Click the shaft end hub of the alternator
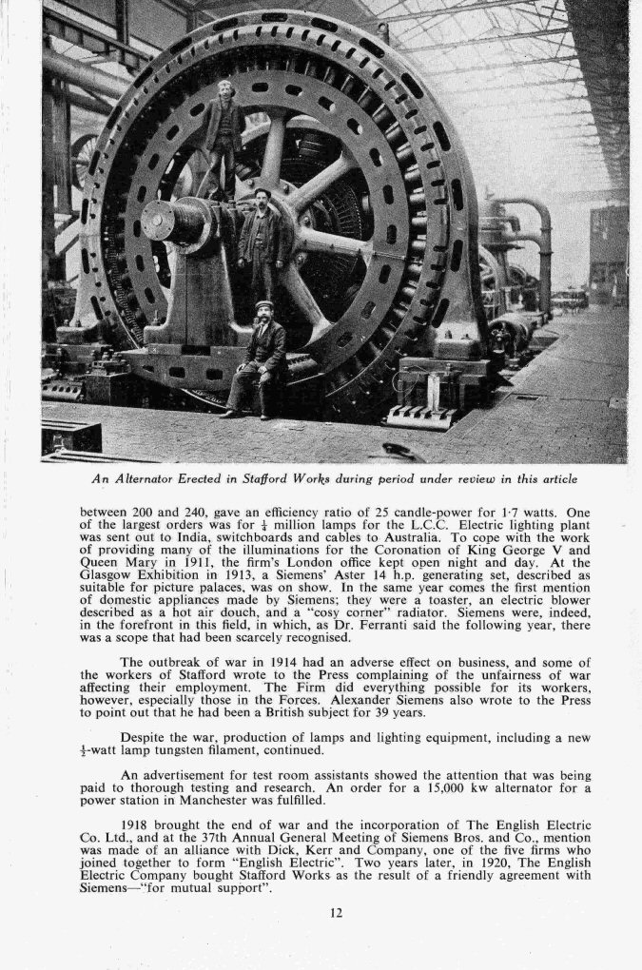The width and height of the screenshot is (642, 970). click(158, 221)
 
